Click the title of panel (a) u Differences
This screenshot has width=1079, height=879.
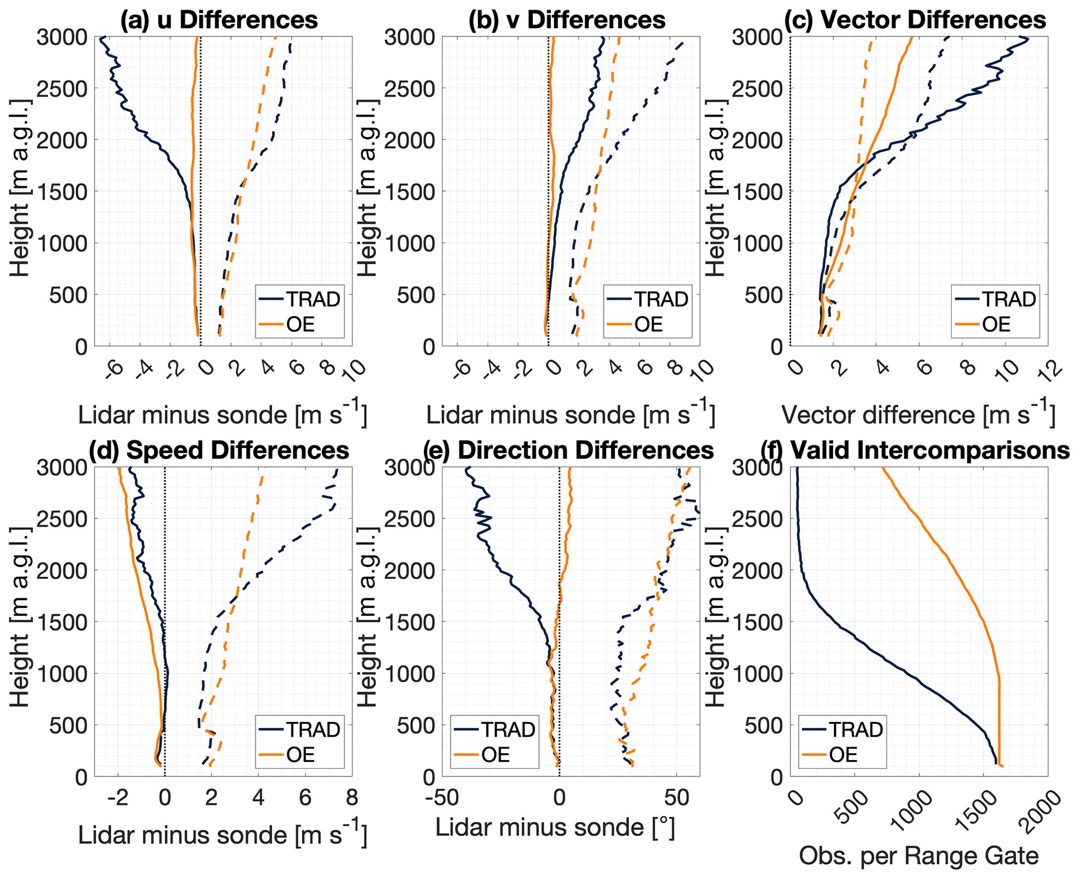coord(219,20)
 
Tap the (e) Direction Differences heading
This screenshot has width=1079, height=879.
coord(568,450)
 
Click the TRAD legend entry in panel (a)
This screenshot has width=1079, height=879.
coord(313,299)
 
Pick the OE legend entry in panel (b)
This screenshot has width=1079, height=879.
coord(648,324)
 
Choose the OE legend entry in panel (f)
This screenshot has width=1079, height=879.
coord(843,755)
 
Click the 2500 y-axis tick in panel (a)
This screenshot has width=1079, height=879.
coord(62,88)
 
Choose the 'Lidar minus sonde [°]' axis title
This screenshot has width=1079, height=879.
coord(555,827)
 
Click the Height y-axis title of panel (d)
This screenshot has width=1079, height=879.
coord(20,621)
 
